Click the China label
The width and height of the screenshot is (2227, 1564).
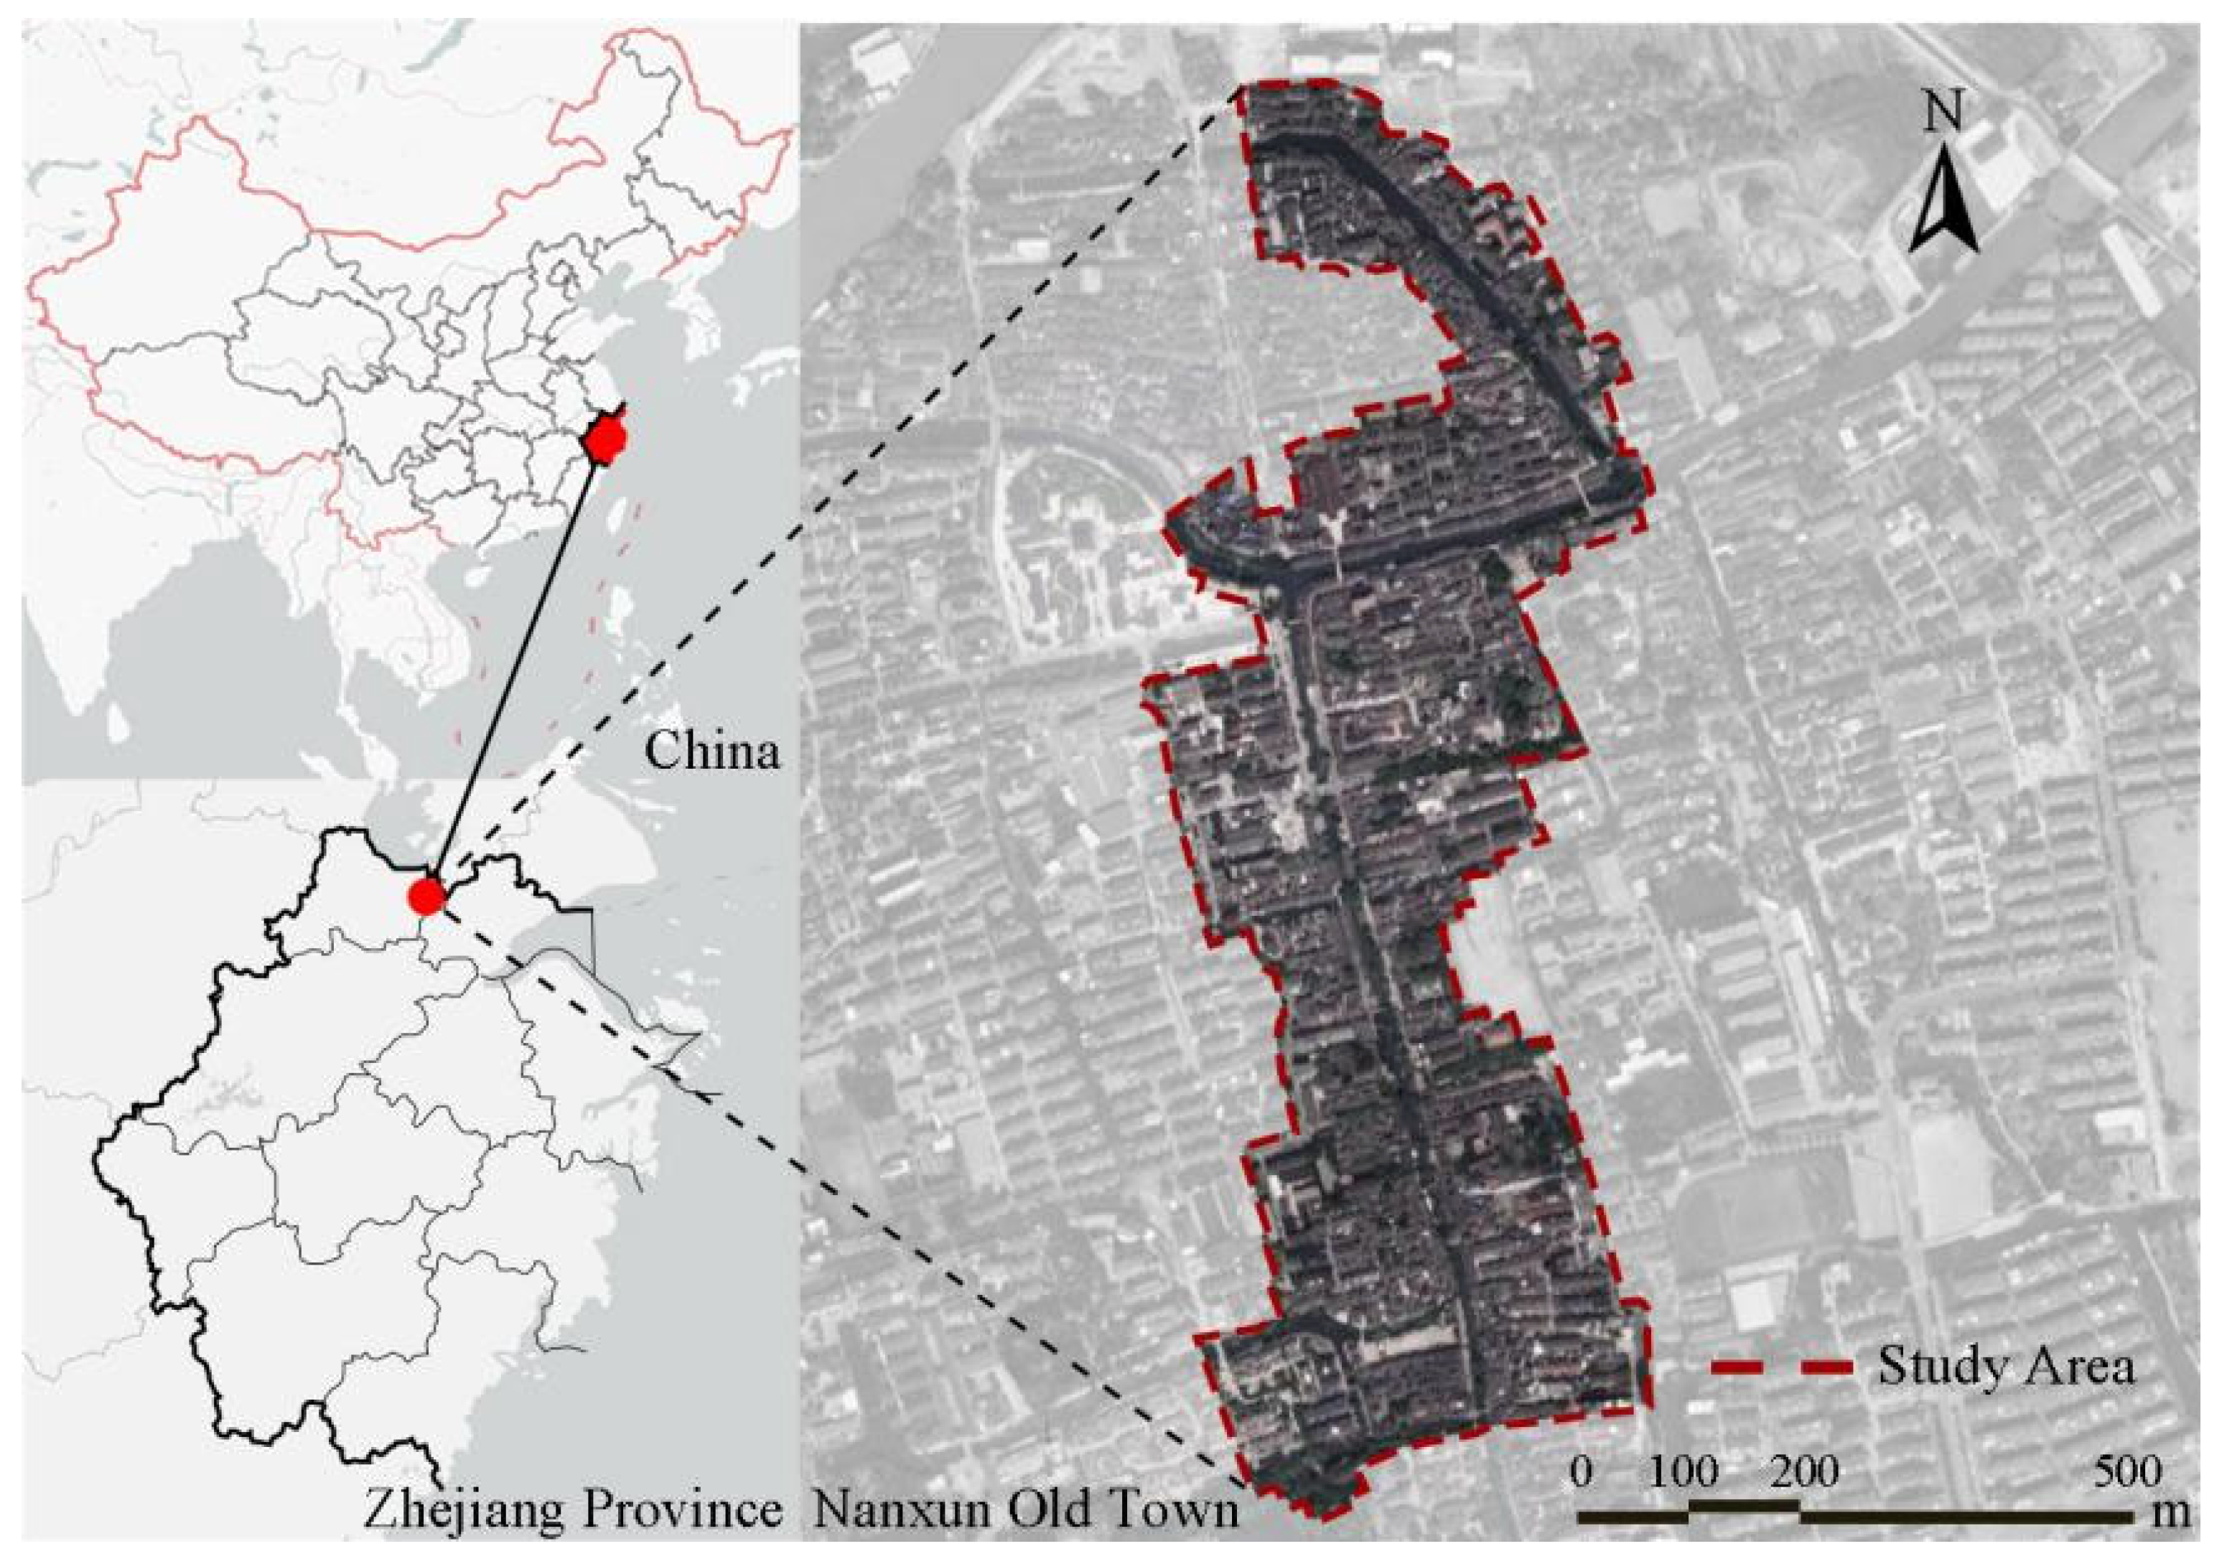tap(713, 751)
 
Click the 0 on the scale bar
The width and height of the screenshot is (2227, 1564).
tap(1580, 1473)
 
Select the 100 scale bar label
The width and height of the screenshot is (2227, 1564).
tap(1686, 1473)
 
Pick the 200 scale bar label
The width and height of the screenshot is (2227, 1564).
tap(1802, 1473)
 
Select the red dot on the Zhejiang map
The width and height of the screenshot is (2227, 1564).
tap(425, 895)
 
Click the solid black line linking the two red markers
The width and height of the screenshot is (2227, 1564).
tap(514, 669)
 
